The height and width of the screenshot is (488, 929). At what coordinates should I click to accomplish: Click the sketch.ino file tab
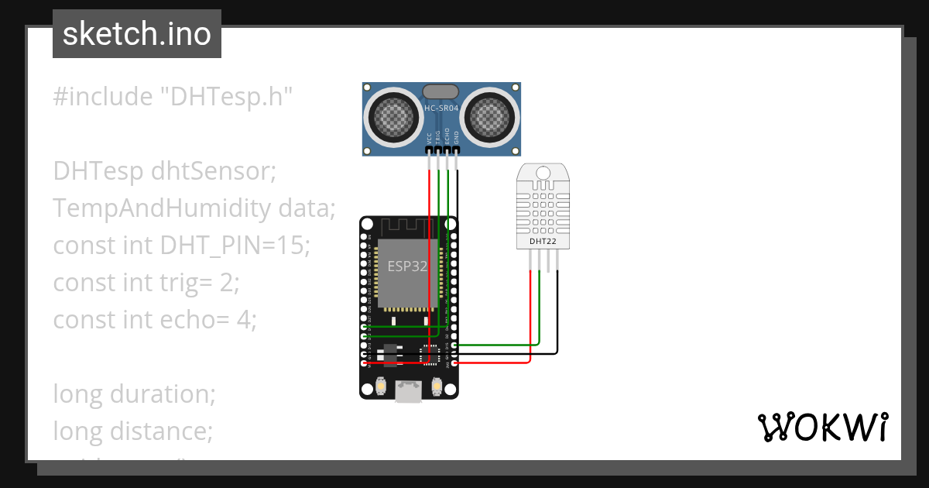[x=137, y=34]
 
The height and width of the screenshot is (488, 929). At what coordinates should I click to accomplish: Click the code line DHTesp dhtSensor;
[x=164, y=171]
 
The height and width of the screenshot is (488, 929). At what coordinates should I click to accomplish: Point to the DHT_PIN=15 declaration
[x=234, y=246]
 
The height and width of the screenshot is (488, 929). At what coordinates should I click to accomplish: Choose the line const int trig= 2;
[x=146, y=283]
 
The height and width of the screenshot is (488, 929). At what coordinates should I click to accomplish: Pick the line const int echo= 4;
[x=153, y=319]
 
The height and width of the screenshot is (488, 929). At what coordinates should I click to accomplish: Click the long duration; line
[x=134, y=393]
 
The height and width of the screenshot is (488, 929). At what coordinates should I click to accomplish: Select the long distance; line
[x=132, y=431]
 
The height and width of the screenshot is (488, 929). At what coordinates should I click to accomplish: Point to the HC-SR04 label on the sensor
[x=441, y=108]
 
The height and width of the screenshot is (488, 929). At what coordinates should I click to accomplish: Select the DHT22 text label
[x=543, y=241]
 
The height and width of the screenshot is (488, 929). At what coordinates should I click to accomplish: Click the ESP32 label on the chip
[x=407, y=266]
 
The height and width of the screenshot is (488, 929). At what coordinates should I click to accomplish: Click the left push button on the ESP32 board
[x=380, y=385]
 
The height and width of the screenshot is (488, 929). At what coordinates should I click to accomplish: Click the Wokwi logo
[x=822, y=428]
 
